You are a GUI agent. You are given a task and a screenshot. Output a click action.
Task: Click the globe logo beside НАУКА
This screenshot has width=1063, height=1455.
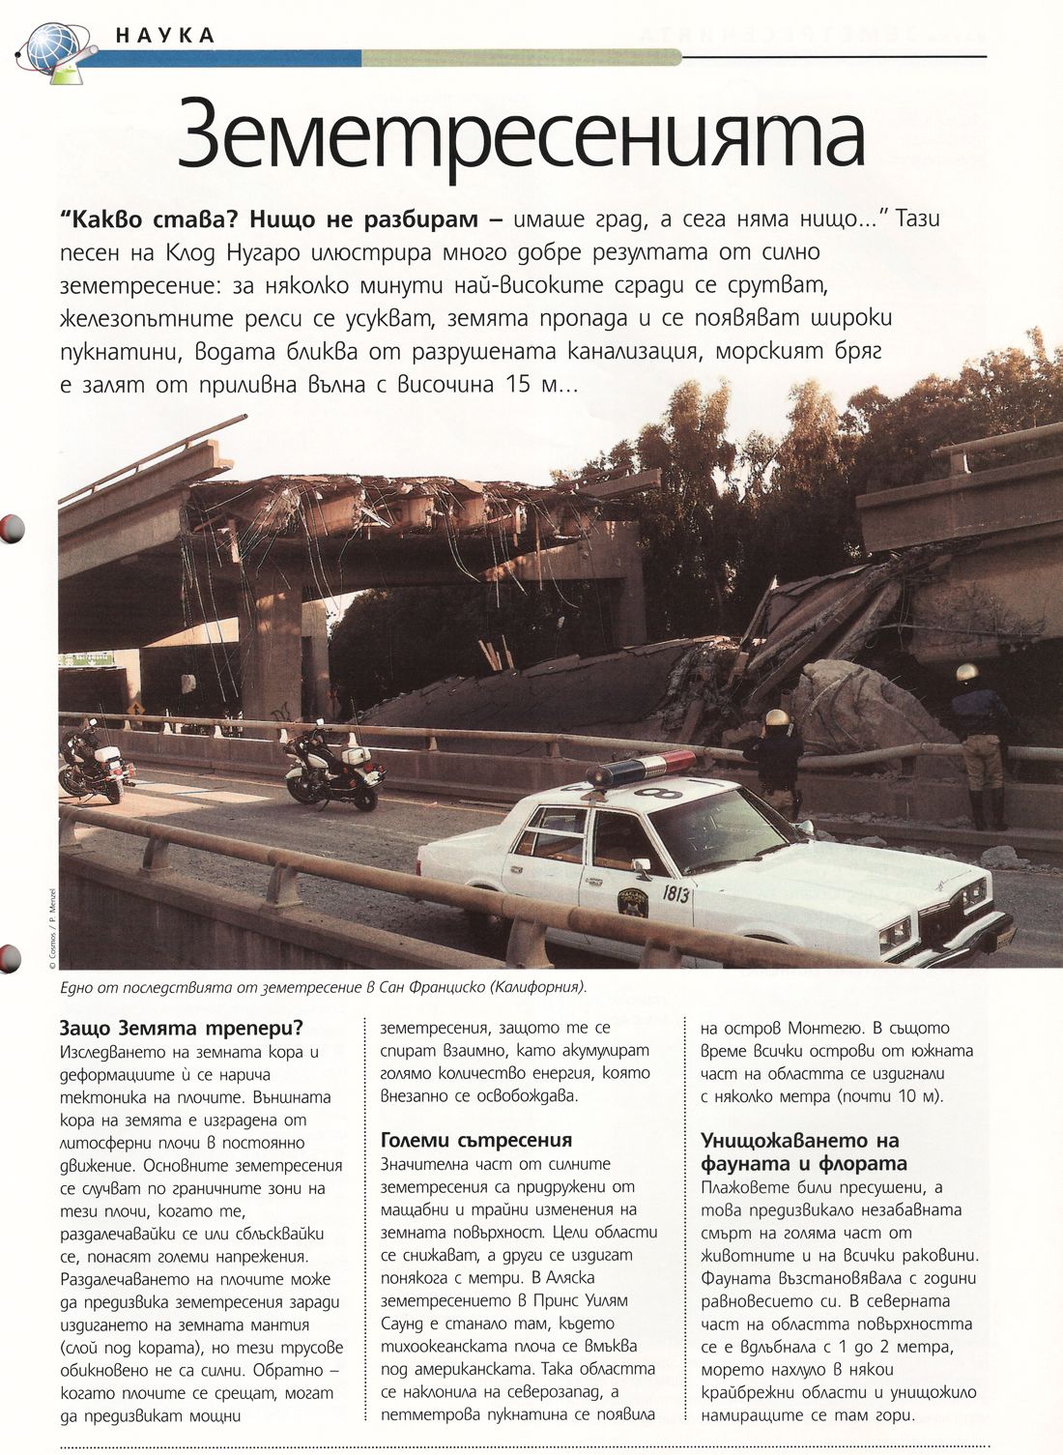54,47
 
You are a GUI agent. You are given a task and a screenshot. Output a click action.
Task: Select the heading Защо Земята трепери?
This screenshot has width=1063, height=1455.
181,1027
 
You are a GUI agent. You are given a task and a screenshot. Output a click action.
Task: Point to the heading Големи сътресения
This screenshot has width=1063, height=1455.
476,1140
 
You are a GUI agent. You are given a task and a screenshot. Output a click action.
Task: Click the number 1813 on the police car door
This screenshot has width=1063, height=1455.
676,893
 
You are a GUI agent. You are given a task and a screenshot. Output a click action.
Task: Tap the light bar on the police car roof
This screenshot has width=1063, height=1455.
641,768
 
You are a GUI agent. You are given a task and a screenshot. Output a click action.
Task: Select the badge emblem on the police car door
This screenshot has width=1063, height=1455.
632,902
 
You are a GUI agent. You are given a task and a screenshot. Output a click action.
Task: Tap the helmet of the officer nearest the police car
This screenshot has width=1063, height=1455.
776,718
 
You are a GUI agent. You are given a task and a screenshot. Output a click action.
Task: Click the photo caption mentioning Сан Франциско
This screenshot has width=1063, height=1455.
323,988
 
